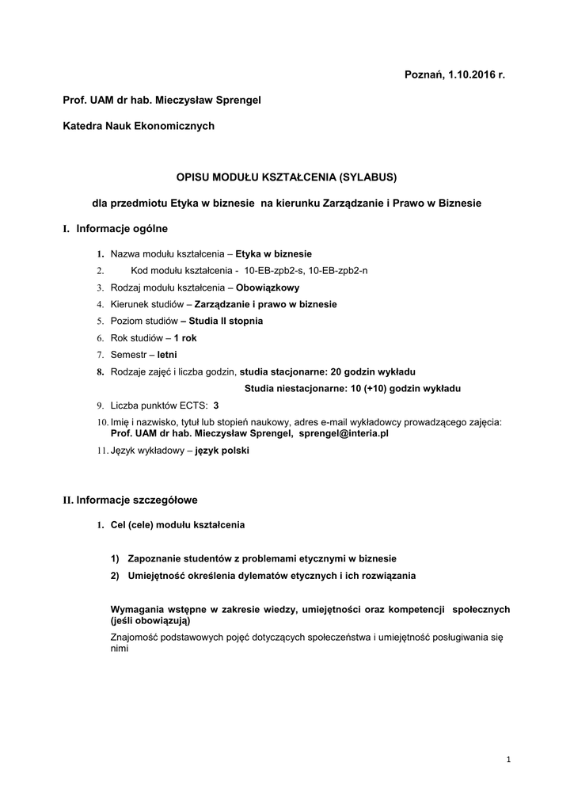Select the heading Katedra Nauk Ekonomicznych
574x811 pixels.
139,125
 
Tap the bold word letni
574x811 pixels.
167,354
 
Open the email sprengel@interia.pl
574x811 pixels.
344,433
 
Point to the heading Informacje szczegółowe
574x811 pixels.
137,500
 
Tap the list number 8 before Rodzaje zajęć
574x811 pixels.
101,371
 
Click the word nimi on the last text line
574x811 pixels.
119,647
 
